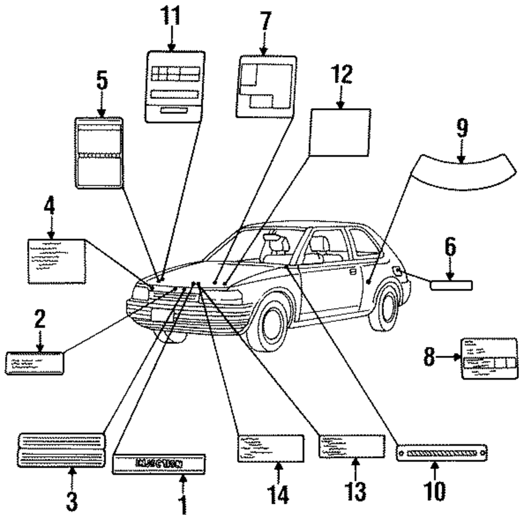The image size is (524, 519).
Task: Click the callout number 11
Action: pos(170,17)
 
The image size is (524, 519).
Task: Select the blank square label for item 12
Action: pos(340,132)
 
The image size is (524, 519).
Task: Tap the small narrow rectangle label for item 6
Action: pos(451,285)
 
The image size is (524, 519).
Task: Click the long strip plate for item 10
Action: pos(442,450)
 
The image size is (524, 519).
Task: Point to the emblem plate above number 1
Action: pos(159,464)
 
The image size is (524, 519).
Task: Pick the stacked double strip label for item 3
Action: pos(61,449)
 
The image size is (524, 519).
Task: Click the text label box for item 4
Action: pos(56,261)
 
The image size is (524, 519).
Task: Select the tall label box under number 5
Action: pos(100,153)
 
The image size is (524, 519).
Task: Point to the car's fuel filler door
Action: pos(398,271)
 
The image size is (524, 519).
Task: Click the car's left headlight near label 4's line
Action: pos(141,291)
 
